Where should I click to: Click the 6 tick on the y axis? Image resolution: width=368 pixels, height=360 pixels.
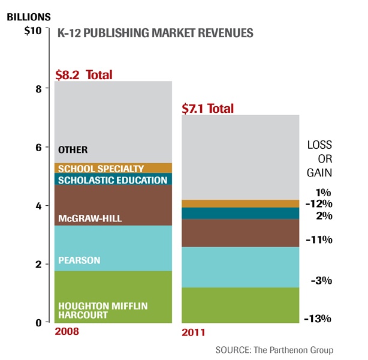tap(38, 148)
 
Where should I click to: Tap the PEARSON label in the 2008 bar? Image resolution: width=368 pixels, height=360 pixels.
tap(79, 260)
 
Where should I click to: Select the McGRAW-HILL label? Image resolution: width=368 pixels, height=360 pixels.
tap(90, 218)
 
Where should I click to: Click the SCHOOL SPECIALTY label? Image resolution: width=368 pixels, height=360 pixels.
tap(101, 169)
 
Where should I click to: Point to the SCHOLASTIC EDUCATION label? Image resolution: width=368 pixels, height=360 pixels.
tap(112, 180)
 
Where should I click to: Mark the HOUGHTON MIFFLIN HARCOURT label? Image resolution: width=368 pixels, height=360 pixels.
tap(95, 310)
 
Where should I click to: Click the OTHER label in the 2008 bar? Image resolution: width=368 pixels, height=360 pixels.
tap(73, 150)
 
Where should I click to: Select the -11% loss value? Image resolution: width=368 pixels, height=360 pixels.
tap(320, 240)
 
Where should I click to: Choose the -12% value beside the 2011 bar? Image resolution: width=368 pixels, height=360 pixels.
tap(320, 204)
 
